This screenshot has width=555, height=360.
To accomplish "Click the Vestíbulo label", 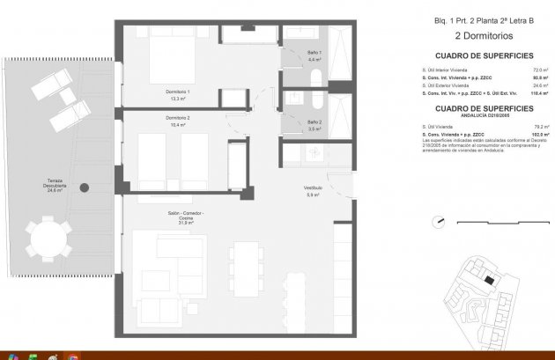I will click(x=313, y=191).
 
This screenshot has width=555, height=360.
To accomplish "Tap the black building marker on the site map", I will click(x=489, y=280).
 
